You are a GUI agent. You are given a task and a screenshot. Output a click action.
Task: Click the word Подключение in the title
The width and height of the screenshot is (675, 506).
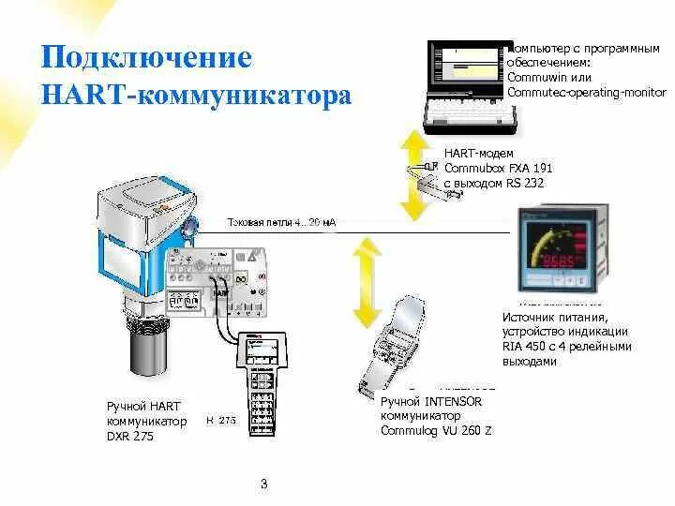(146, 57)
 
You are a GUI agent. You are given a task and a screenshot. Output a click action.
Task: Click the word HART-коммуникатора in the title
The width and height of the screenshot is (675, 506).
(196, 96)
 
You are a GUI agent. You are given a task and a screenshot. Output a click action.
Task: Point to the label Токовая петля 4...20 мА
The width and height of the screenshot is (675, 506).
(281, 223)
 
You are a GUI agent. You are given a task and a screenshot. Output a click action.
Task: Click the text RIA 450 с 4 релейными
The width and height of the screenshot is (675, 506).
(566, 346)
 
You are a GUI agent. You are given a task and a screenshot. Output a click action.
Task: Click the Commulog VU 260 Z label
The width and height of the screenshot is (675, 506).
(435, 431)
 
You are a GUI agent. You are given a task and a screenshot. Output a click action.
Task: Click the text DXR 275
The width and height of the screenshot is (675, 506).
(130, 436)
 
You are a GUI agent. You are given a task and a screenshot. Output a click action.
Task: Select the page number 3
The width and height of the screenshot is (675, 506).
(263, 484)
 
